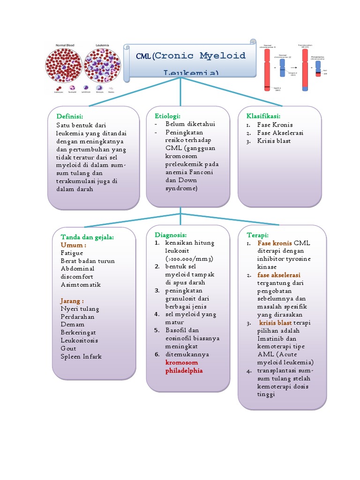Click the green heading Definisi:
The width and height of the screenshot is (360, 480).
click(x=70, y=116)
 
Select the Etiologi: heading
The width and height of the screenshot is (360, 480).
click(x=167, y=116)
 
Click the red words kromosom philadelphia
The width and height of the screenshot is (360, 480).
click(x=184, y=367)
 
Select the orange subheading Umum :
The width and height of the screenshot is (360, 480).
click(x=73, y=245)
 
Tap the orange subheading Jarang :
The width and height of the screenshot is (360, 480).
click(x=72, y=300)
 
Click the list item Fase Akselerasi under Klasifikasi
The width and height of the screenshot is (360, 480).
click(x=280, y=133)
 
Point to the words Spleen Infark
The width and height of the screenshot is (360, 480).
click(x=81, y=356)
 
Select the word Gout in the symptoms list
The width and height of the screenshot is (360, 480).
click(x=68, y=348)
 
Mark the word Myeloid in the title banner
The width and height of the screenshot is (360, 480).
click(x=223, y=56)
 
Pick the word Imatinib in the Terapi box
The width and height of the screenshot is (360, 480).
click(x=270, y=339)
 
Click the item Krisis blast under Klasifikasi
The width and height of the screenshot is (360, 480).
click(x=274, y=141)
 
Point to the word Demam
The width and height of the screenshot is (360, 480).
click(x=72, y=324)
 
